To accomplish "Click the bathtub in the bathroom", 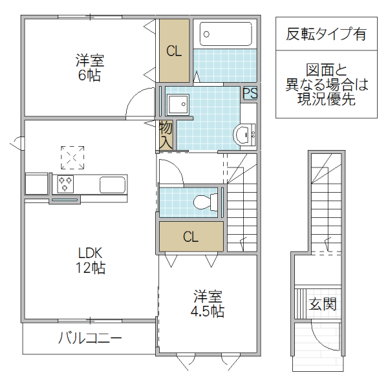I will pos(225,34).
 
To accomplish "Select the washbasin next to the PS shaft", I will pos(246,135).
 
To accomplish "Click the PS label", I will pos(250,93).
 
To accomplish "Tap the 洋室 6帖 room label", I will pos(89,68).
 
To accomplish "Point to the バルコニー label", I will pos(90,338).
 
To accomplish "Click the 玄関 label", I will pos(321,304).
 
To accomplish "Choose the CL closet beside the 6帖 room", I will pos(174,51).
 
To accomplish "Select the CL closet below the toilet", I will pos(191,237).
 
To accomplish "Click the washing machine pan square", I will pos(177,105).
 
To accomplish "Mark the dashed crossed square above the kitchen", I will pos(72,157).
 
